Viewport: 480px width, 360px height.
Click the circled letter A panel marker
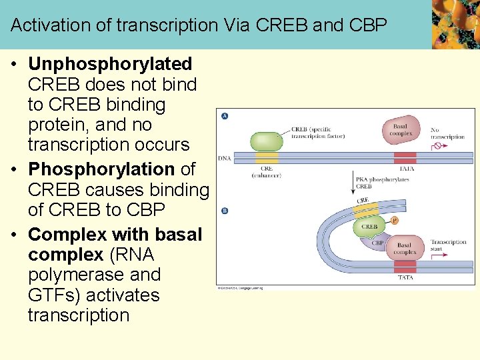[x=225, y=115]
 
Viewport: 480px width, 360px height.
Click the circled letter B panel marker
[x=225, y=211]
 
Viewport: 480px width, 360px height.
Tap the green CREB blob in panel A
[x=266, y=141]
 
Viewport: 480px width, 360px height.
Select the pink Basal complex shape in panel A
[x=400, y=130]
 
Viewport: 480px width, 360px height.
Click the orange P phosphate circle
[x=394, y=219]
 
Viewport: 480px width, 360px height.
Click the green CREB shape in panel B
[x=369, y=226]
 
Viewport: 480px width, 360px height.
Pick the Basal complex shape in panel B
[x=405, y=248]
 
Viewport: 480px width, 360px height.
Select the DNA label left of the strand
[x=225, y=159]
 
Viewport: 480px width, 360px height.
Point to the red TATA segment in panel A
[x=405, y=158]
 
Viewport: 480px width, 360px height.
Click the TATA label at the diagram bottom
[x=405, y=277]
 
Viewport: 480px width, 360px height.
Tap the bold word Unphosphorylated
[x=110, y=64]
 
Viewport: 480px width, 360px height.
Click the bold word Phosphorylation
[x=101, y=169]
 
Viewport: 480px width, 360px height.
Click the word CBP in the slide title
[x=369, y=25]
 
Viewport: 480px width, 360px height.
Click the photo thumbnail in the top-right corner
[x=455, y=24]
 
